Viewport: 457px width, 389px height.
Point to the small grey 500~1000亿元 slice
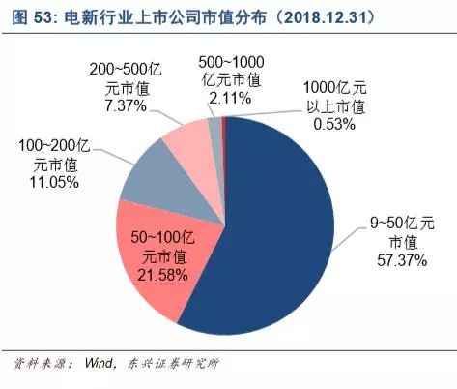214,125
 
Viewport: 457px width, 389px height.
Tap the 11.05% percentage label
47,181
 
